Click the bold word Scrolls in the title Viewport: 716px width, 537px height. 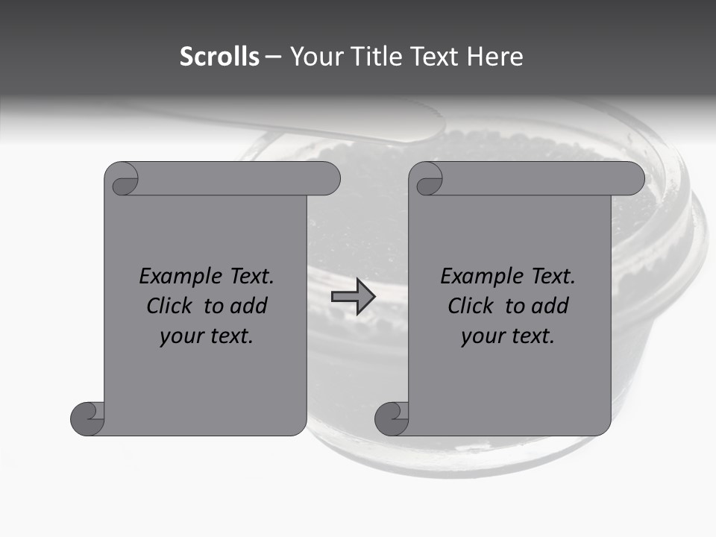click(219, 57)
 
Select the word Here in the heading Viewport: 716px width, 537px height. click(494, 57)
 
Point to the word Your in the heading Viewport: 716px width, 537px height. click(315, 57)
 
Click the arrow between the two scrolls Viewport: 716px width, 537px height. click(353, 297)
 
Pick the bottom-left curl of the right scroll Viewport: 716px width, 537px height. click(392, 418)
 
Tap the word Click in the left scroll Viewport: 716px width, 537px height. click(168, 306)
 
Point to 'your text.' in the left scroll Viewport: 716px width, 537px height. click(207, 336)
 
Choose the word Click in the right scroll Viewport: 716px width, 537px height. click(470, 306)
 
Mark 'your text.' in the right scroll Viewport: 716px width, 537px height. click(508, 336)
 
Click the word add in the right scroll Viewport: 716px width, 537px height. click(550, 306)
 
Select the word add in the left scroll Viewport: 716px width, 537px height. click(248, 306)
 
